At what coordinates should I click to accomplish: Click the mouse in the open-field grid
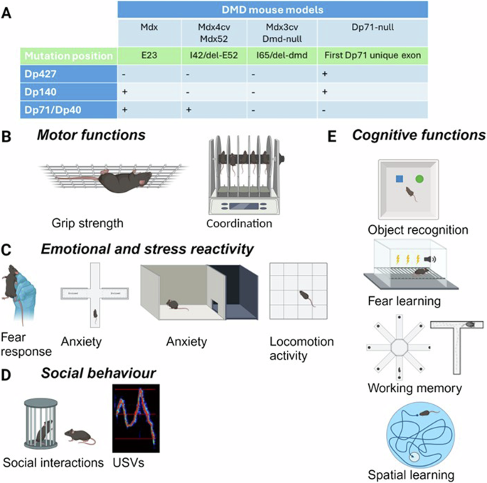(x=305, y=295)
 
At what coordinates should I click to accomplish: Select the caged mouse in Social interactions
(x=44, y=430)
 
